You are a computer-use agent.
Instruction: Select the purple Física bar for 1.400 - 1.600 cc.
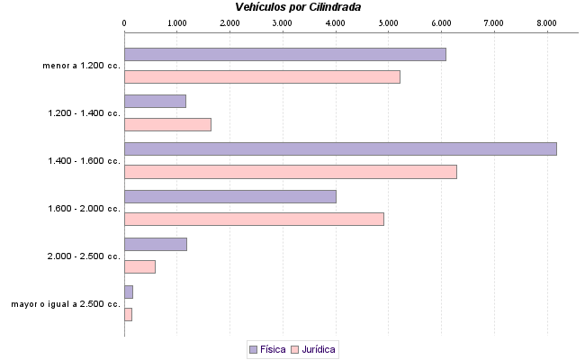[x=340, y=148]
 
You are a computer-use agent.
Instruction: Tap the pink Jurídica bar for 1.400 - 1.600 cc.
[x=290, y=172]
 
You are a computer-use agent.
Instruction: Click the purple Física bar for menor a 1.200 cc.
[x=284, y=54]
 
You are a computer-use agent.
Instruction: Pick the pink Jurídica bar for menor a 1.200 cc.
[x=262, y=77]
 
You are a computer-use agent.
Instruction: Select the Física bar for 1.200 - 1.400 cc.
[x=155, y=101]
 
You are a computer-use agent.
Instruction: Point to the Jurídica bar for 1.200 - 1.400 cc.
[x=167, y=125]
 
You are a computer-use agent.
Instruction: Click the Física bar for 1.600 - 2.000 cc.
[x=229, y=196]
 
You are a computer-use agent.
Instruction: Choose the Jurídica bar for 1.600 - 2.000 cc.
[x=254, y=219]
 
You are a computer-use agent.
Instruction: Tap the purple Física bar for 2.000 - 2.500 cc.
[x=155, y=244]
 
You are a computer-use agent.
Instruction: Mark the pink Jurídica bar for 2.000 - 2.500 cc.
[x=139, y=266]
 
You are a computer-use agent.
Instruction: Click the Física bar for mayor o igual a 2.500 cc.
[x=129, y=292]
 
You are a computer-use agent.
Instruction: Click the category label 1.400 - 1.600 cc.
[x=84, y=161]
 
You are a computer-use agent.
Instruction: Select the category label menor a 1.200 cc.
[x=81, y=66]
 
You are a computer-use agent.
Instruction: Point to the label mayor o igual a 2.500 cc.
[x=66, y=304]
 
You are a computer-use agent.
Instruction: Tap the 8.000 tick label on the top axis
[x=547, y=21]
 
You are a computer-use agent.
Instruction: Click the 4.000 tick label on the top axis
[x=336, y=21]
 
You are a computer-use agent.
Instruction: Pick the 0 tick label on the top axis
[x=124, y=21]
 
